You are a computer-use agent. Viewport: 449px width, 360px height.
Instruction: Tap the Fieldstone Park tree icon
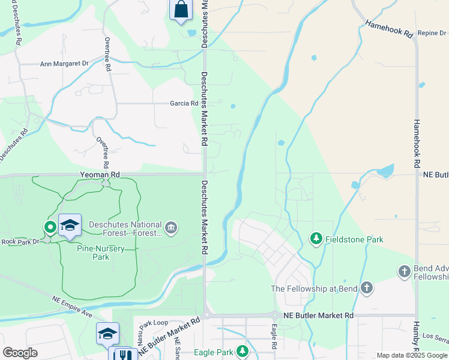tap(316, 239)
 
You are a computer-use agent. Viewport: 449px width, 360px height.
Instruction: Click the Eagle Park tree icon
tap(242, 351)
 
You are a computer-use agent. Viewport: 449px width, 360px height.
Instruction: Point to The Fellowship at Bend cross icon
tap(366, 288)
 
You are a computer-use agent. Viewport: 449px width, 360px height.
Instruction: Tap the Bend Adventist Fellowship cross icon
tap(404, 272)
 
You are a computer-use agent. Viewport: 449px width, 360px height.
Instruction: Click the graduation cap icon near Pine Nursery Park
tap(70, 225)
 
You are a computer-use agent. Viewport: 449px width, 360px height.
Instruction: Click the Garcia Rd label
tap(184, 103)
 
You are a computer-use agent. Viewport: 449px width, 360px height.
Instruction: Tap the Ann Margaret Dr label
tap(64, 63)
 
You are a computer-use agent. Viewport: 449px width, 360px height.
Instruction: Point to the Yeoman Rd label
tap(100, 174)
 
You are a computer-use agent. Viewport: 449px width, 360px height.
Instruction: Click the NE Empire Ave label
tap(72, 305)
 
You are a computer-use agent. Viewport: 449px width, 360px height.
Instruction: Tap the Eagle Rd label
tap(273, 338)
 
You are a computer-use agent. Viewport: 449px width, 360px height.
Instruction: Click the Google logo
tap(20, 353)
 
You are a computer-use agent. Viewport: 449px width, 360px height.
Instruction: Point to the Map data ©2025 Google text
tap(412, 355)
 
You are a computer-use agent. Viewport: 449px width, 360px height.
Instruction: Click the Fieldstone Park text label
tap(354, 239)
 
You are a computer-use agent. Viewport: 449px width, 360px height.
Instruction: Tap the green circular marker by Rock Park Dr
tap(50, 227)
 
